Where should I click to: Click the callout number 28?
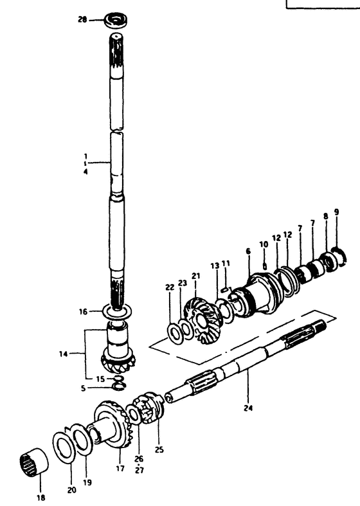coord(82,20)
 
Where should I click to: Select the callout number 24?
coord(248,408)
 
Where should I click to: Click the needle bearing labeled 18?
coord(34,462)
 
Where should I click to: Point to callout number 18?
coord(41,498)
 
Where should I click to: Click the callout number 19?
coord(87,483)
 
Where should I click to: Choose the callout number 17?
coord(120,468)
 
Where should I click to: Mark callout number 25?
coord(159,449)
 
